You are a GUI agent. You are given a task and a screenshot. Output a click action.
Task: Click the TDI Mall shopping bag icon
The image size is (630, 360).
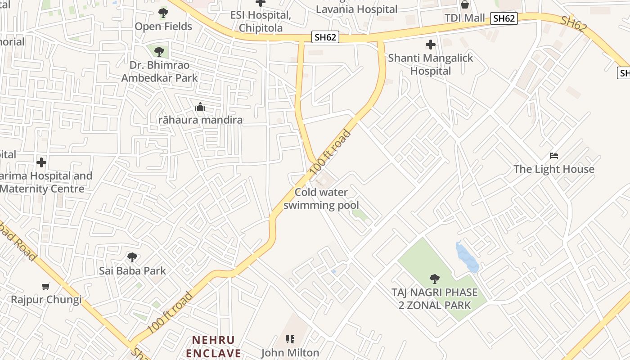point(464,4)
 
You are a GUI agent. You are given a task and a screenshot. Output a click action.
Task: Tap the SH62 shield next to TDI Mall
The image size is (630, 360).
point(504,18)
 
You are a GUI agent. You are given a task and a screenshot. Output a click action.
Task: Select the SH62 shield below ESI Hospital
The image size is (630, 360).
point(325,37)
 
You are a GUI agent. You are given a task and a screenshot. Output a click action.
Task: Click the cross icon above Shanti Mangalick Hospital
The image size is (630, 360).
point(431,45)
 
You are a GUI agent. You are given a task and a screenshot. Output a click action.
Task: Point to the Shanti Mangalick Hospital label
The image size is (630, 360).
point(430,64)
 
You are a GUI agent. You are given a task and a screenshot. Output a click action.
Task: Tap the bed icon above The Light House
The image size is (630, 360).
point(554,156)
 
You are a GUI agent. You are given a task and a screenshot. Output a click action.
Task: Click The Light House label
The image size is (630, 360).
point(554,169)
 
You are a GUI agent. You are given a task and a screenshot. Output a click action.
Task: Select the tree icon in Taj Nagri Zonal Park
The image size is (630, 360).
point(434,279)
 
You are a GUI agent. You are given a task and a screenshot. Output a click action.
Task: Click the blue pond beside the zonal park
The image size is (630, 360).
point(467,257)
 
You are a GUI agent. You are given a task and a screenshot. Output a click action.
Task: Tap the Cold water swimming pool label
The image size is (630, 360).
point(321,199)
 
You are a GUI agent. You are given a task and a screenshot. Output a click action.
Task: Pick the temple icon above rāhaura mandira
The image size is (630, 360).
point(200,107)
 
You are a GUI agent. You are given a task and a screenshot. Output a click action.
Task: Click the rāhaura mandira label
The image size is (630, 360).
point(200,120)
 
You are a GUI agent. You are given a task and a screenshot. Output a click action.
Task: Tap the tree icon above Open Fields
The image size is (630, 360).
point(163,13)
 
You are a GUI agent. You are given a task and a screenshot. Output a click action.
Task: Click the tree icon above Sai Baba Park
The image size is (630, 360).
point(132,257)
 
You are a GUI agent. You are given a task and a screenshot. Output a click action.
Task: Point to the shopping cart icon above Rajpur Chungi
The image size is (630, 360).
point(46,286)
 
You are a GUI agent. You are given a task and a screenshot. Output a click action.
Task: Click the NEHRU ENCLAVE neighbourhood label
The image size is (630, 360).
point(214,346)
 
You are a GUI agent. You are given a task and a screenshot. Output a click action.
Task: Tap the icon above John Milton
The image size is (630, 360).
point(290,339)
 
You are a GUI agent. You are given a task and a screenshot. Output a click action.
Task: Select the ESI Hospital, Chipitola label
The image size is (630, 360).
point(261,21)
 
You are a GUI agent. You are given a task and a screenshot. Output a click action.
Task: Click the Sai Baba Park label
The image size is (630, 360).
point(132,270)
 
